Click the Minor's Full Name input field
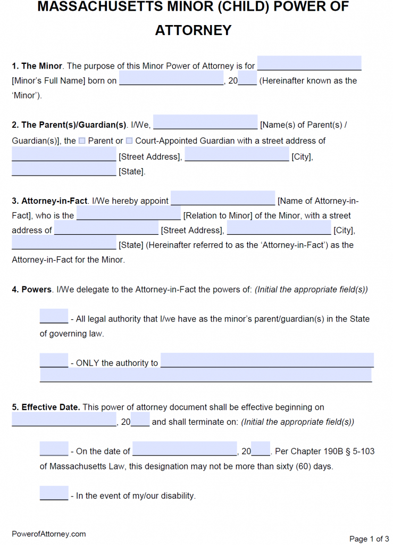click(x=309, y=63)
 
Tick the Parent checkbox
click(x=82, y=141)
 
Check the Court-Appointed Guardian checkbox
click(x=129, y=141)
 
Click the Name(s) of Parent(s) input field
click(x=205, y=122)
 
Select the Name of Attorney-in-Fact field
click(x=223, y=198)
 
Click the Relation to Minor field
click(x=129, y=213)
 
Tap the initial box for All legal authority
click(x=54, y=316)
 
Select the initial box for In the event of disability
click(x=54, y=493)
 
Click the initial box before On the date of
click(x=54, y=449)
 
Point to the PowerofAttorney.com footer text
click(x=49, y=534)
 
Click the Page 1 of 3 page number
click(x=369, y=539)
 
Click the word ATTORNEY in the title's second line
click(x=194, y=30)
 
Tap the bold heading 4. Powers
click(x=31, y=290)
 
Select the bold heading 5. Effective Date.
click(x=46, y=407)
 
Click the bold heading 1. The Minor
click(x=37, y=66)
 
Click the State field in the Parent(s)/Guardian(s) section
click(x=64, y=169)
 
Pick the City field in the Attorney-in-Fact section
click(x=279, y=227)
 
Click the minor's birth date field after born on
click(x=171, y=78)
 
